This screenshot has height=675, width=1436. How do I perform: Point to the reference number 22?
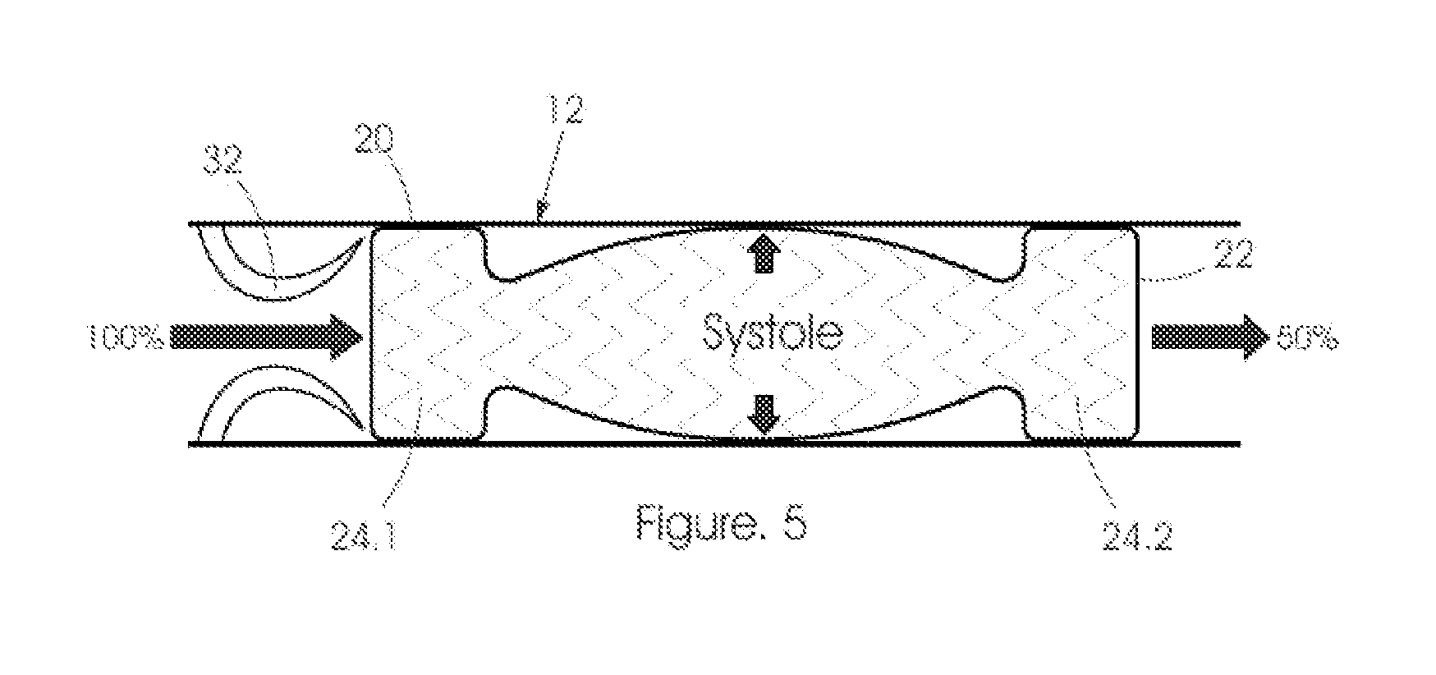[x=1231, y=257]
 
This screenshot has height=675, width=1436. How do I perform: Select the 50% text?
[x=1305, y=337]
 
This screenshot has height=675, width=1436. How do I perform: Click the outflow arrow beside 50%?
[x=1210, y=337]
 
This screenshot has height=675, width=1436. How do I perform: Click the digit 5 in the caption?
[x=795, y=522]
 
